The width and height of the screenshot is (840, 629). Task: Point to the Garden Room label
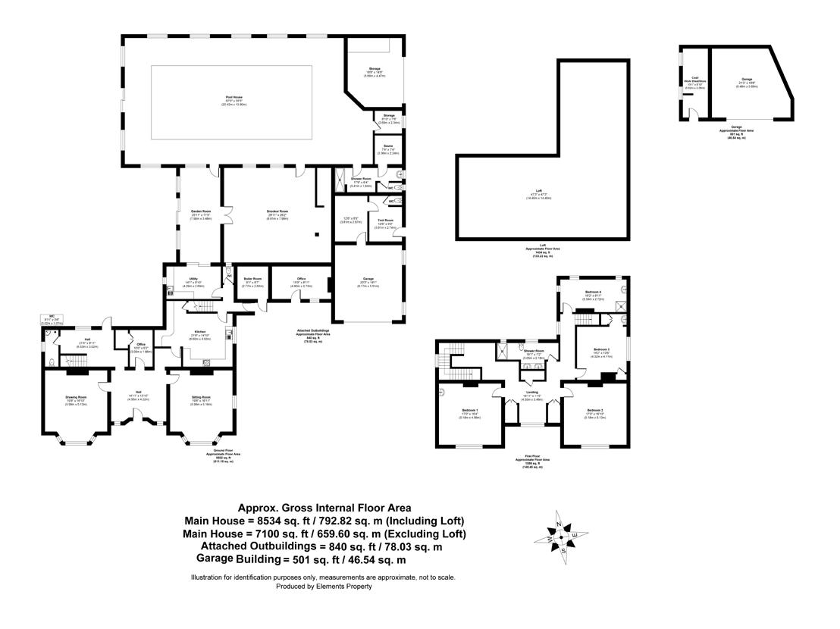pyautogui.click(x=200, y=211)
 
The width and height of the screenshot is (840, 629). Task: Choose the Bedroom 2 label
pyautogui.click(x=594, y=410)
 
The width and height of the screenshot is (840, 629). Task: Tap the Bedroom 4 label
pyautogui.click(x=593, y=292)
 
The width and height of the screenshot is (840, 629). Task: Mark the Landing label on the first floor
pyautogui.click(x=531, y=392)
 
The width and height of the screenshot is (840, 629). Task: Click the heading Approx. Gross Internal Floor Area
pyautogui.click(x=324, y=509)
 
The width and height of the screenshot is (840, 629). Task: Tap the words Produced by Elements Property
pyautogui.click(x=324, y=587)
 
